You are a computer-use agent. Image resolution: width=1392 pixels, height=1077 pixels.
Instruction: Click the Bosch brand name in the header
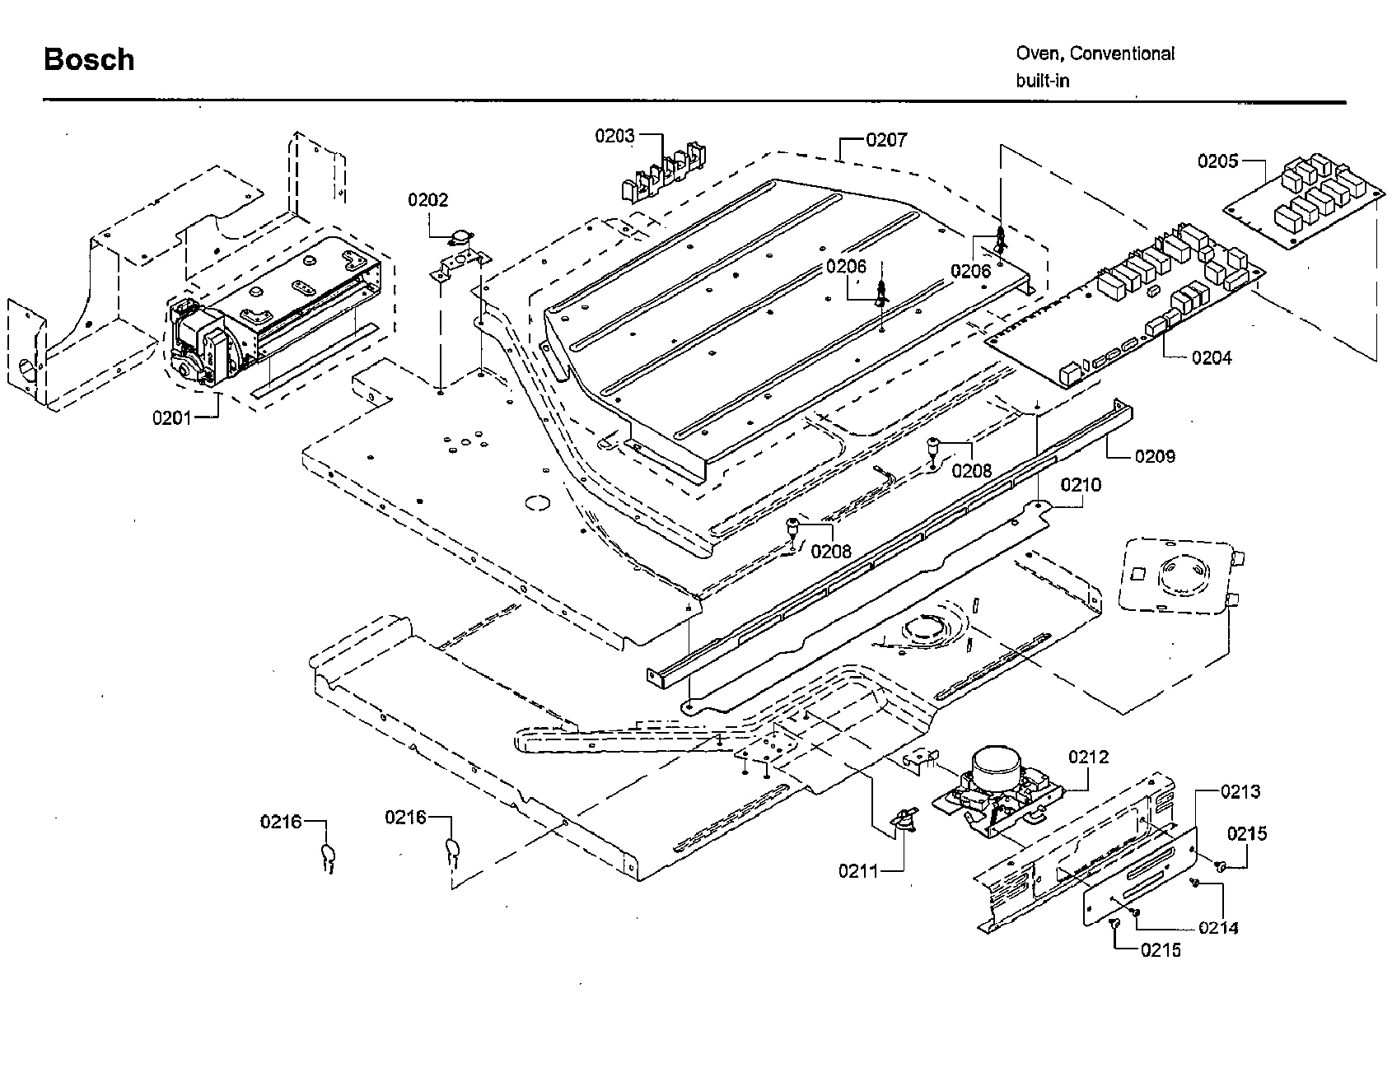click(x=89, y=60)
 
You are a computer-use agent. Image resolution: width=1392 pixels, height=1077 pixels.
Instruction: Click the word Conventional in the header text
click(x=1122, y=54)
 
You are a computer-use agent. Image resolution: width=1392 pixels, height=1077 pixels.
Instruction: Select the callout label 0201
click(x=171, y=417)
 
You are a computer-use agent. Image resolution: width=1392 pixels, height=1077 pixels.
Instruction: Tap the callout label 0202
click(x=428, y=200)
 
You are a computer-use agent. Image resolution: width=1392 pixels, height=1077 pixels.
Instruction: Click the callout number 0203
click(x=615, y=135)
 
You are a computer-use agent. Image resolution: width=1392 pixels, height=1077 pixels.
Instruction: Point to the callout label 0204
click(x=1212, y=357)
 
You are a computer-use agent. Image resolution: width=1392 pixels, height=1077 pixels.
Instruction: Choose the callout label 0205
click(x=1217, y=161)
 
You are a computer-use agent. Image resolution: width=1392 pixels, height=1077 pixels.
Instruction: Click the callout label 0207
click(x=886, y=140)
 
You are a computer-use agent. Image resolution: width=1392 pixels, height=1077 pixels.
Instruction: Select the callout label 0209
click(x=1155, y=456)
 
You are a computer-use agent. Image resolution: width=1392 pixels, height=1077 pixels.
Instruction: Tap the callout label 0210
click(x=1081, y=485)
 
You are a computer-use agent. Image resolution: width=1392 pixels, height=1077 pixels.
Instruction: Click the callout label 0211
click(x=859, y=870)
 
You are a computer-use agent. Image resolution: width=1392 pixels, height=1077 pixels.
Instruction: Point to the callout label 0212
click(x=1089, y=757)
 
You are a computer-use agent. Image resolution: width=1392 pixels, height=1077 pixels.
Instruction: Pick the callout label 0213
click(x=1240, y=792)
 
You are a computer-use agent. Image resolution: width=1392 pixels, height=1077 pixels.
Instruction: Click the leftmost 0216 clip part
click(x=327, y=856)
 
